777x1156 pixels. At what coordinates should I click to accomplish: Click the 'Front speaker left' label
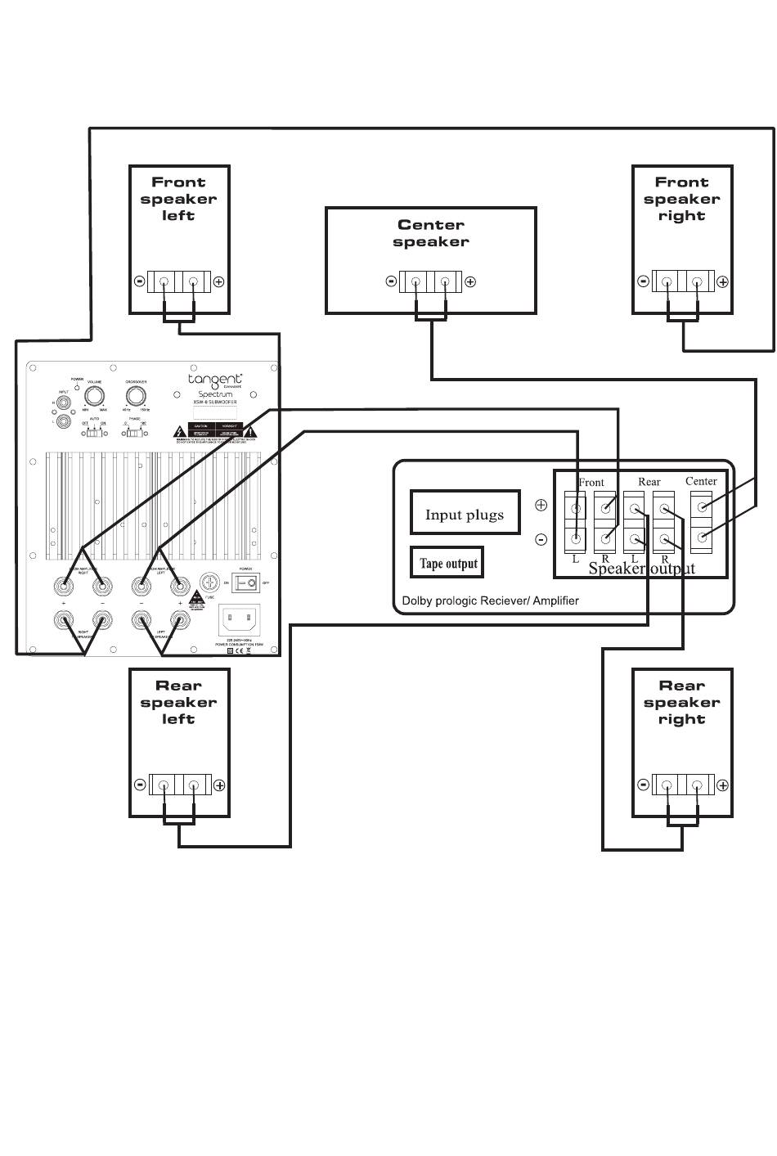[178, 199]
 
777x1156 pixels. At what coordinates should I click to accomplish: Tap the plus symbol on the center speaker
[470, 282]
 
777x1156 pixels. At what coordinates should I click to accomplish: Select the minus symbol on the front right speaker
[644, 281]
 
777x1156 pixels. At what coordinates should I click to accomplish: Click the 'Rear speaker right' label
[681, 703]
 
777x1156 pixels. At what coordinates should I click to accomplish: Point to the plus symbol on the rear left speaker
[219, 785]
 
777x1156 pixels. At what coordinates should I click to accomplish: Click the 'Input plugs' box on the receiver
[465, 515]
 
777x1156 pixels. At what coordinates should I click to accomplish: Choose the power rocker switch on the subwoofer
[247, 582]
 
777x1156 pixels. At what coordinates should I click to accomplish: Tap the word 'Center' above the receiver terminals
[701, 481]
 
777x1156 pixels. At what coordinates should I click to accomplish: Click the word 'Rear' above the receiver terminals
[649, 482]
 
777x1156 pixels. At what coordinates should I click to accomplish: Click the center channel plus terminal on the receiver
[702, 508]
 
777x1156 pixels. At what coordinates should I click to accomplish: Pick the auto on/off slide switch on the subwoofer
[97, 432]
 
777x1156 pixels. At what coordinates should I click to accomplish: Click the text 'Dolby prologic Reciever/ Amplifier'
[490, 600]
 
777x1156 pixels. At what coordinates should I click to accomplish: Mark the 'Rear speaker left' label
[178, 703]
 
